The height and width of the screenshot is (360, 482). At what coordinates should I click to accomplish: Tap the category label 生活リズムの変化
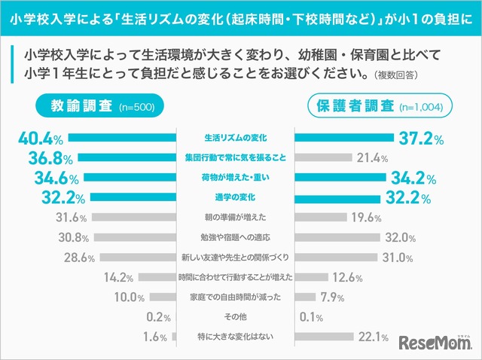(x=236, y=139)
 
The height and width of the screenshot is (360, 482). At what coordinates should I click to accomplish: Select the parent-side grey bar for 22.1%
(x=324, y=336)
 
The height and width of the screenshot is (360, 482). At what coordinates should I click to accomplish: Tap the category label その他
(x=236, y=316)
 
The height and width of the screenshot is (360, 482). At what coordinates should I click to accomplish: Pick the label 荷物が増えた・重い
(x=236, y=178)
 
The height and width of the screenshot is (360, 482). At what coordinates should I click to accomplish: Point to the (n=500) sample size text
(x=136, y=108)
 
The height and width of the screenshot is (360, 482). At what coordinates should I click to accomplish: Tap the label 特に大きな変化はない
(x=236, y=336)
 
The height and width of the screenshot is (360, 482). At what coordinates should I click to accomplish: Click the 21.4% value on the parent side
(x=374, y=158)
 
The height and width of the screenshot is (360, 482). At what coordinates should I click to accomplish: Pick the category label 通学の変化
(x=236, y=198)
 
